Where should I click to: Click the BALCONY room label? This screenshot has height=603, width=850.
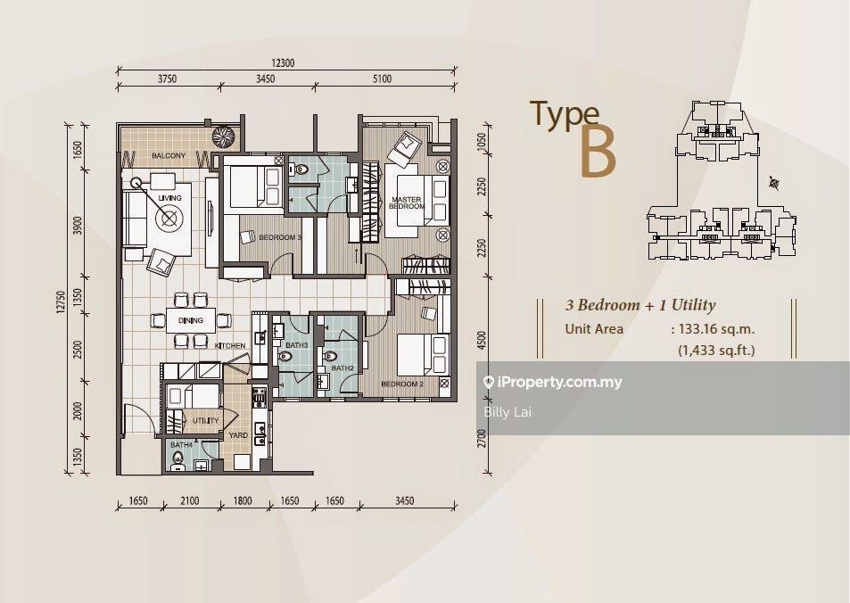168,156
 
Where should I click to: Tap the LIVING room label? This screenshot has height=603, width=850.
169,198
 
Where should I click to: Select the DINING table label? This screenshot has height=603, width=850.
190,320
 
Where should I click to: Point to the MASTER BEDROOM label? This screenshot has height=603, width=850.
407,202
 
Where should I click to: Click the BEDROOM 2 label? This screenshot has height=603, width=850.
402,384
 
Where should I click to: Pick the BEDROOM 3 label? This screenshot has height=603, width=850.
280,237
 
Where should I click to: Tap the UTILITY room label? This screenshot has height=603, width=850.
205,420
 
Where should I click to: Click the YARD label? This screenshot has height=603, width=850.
238,435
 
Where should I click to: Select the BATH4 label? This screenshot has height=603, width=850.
181,445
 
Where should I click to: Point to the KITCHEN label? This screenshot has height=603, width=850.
230,345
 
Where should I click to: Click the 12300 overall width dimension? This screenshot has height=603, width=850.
283,63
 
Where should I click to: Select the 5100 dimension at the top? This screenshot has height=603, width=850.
382,79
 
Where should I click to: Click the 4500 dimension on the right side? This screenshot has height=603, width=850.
483,340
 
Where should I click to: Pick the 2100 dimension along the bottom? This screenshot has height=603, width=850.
190,500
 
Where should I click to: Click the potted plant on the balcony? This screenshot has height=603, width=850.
222,136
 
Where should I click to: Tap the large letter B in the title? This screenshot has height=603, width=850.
598,153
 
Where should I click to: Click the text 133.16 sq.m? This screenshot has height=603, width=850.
716,328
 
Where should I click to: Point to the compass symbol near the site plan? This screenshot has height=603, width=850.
774,183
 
